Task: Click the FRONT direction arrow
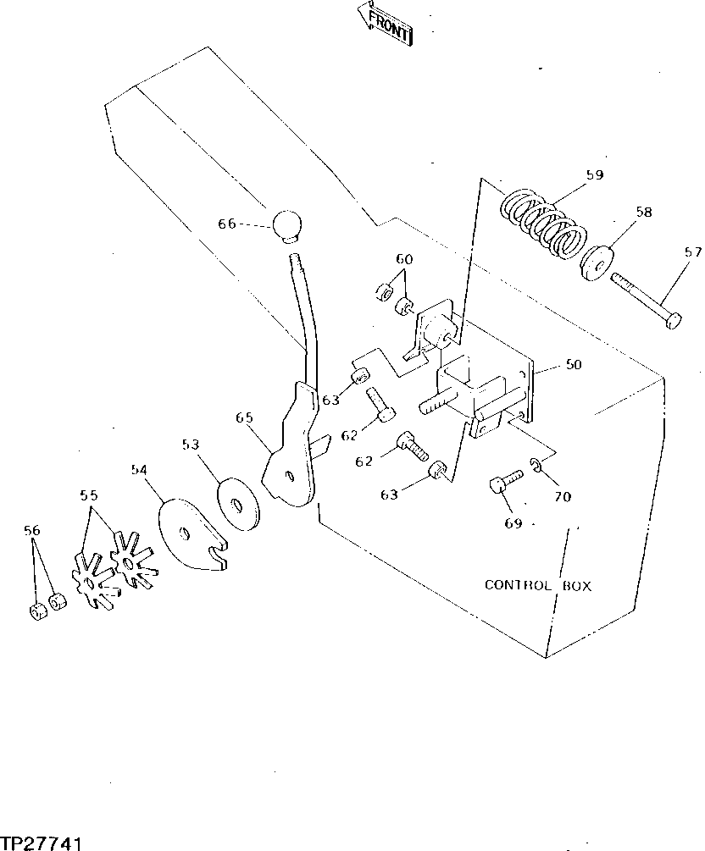[x=386, y=23]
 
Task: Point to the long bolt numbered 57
[x=647, y=300]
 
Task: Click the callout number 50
[x=574, y=365]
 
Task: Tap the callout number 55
[x=89, y=495]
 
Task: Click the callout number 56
[x=32, y=531]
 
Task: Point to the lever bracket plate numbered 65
[x=290, y=457]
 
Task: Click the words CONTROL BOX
[x=537, y=585]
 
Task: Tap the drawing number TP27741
[x=41, y=843]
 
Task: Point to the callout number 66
[x=226, y=224]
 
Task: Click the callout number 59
[x=594, y=176]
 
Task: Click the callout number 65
[x=244, y=418]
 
